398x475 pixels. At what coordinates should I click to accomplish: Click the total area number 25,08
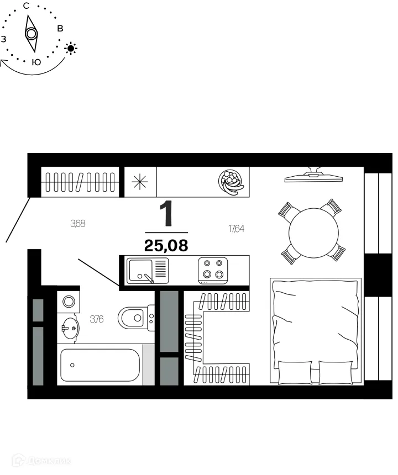pyautogui.click(x=166, y=245)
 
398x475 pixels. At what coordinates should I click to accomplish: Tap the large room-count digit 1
pyautogui.click(x=166, y=215)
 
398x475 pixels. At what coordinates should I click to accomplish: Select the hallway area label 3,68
pyautogui.click(x=77, y=224)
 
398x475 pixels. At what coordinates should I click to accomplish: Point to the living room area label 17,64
pyautogui.click(x=236, y=228)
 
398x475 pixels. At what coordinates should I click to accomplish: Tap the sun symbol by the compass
pyautogui.click(x=71, y=49)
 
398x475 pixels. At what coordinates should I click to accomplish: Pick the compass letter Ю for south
pyautogui.click(x=36, y=62)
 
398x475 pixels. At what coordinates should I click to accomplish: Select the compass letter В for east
pyautogui.click(x=60, y=28)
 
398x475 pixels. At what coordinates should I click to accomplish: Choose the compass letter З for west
pyautogui.click(x=4, y=39)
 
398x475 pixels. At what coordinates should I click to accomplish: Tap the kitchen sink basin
pyautogui.click(x=140, y=270)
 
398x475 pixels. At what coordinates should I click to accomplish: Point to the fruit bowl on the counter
pyautogui.click(x=231, y=181)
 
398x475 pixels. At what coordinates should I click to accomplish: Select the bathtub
pyautogui.click(x=100, y=365)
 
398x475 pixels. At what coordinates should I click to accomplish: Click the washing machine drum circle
pyautogui.click(x=69, y=301)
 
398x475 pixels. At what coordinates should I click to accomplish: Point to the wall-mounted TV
pyautogui.click(x=313, y=176)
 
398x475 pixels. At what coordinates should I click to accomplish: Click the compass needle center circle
pyautogui.click(x=32, y=34)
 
